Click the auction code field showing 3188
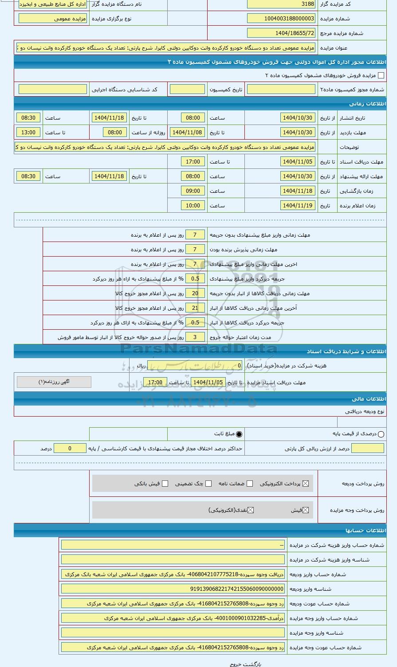pyautogui.click(x=281, y=4)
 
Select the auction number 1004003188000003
pyautogui.click(x=281, y=19)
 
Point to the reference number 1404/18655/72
pyautogui.click(x=281, y=33)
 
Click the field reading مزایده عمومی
pyautogui.click(x=53, y=19)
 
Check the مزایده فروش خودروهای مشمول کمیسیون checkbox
pyautogui.click(x=381, y=76)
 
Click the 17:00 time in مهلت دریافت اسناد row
pyautogui.click(x=193, y=162)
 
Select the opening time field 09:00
pyautogui.click(x=193, y=191)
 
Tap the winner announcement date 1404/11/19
pyautogui.click(x=298, y=206)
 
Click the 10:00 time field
pyautogui.click(x=193, y=206)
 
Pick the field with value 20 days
pyautogui.click(x=195, y=293)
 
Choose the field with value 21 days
pyautogui.click(x=195, y=308)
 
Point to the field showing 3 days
pyautogui.click(x=195, y=337)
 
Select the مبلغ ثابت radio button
pyautogui.click(x=239, y=434)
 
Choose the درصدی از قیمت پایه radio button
pyautogui.click(x=381, y=434)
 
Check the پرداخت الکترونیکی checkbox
pyautogui.click(x=305, y=484)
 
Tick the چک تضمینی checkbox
pyautogui.click(x=208, y=484)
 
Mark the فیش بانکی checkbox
pyautogui.click(x=165, y=484)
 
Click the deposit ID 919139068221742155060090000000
pyautogui.click(x=173, y=589)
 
